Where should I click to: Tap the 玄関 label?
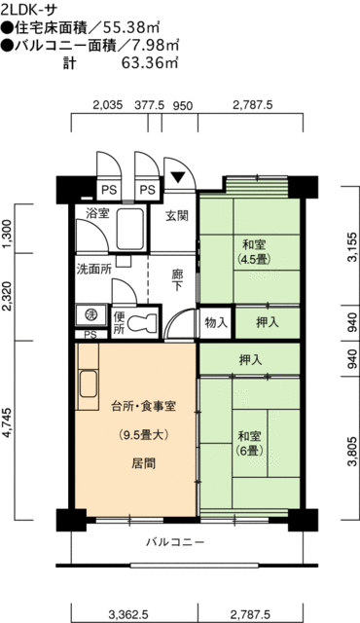coord(176,216)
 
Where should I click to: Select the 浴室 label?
coord(97,213)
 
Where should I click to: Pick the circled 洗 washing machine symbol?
coord(88,313)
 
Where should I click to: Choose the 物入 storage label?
coord(216,321)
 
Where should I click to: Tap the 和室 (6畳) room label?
coord(247,443)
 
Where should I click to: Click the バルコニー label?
coord(175,541)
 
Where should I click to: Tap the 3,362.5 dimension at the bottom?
coord(127,613)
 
